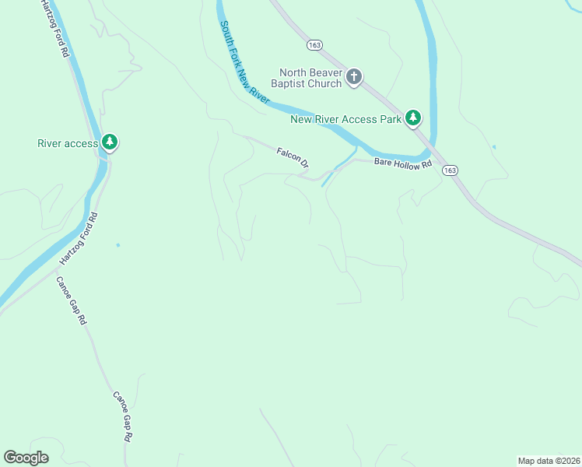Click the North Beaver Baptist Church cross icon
pyautogui.click(x=354, y=76)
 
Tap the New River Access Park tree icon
pyautogui.click(x=413, y=118)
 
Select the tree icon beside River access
pyautogui.click(x=110, y=142)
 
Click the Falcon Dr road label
pyautogui.click(x=293, y=157)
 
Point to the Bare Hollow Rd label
pyautogui.click(x=402, y=163)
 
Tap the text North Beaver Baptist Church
pyautogui.click(x=307, y=78)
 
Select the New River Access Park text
pyautogui.click(x=345, y=119)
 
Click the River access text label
pyautogui.click(x=68, y=143)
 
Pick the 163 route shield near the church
pyautogui.click(x=314, y=46)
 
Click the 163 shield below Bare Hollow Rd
pyautogui.click(x=450, y=170)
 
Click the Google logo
pyautogui.click(x=26, y=458)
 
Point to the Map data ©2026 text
pyautogui.click(x=549, y=460)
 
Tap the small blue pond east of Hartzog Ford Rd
pyautogui.click(x=117, y=245)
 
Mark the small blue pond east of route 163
pyautogui.click(x=494, y=146)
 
